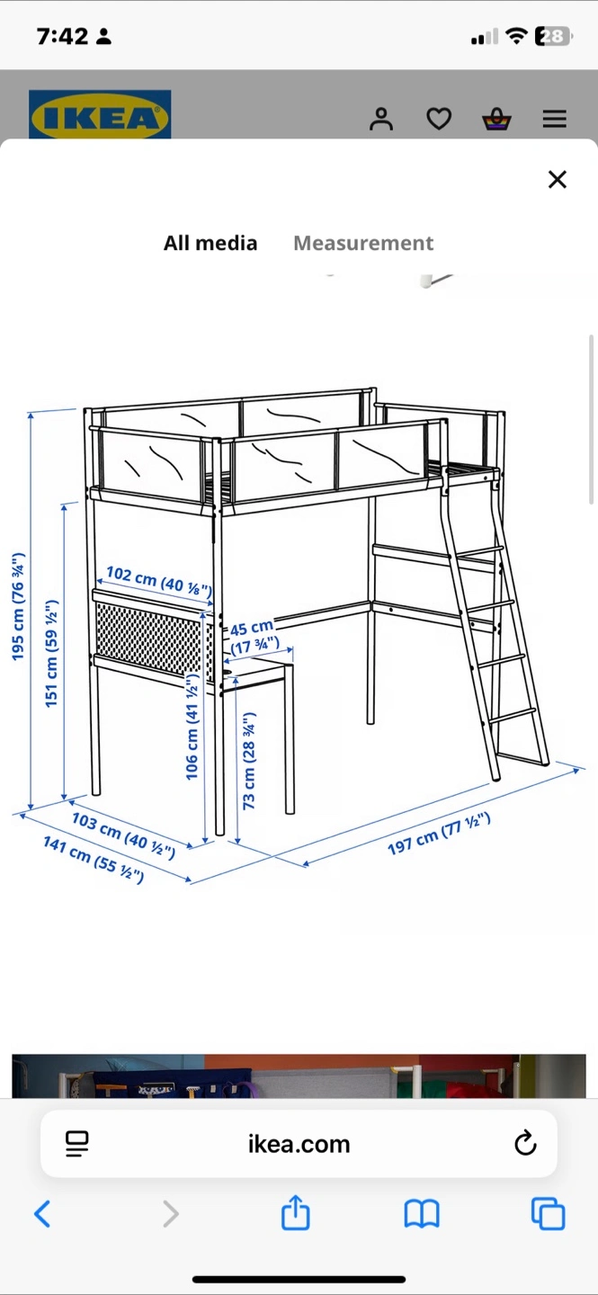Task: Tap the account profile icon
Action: [x=381, y=119]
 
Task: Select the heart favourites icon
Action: [x=439, y=119]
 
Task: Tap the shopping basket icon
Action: [x=496, y=119]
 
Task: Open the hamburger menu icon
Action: [x=555, y=119]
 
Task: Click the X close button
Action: [x=558, y=179]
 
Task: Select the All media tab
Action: [x=210, y=243]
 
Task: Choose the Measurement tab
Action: [x=363, y=243]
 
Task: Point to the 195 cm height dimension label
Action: [x=19, y=606]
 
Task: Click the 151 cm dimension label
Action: [x=52, y=653]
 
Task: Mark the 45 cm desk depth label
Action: [x=254, y=637]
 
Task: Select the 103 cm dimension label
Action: [x=123, y=835]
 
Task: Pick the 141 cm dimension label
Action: [x=94, y=860]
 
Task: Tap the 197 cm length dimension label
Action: [x=439, y=833]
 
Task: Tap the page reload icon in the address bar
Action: [x=525, y=1143]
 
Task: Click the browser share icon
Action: [x=296, y=1212]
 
